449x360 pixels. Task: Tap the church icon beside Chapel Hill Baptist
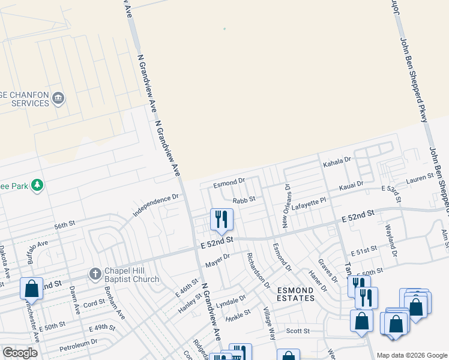[95, 274]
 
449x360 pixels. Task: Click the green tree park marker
[38, 185]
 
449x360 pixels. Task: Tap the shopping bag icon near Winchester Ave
[31, 288]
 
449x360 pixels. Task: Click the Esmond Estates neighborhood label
[295, 294]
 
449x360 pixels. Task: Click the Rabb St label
[244, 199]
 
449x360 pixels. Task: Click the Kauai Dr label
[352, 185]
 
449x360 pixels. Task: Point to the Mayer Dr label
[218, 260]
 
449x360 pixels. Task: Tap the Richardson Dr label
[259, 269]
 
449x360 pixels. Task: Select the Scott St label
[297, 331]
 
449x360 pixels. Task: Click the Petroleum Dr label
[77, 344]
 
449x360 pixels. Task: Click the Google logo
[20, 353]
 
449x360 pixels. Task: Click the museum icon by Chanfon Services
[58, 98]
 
